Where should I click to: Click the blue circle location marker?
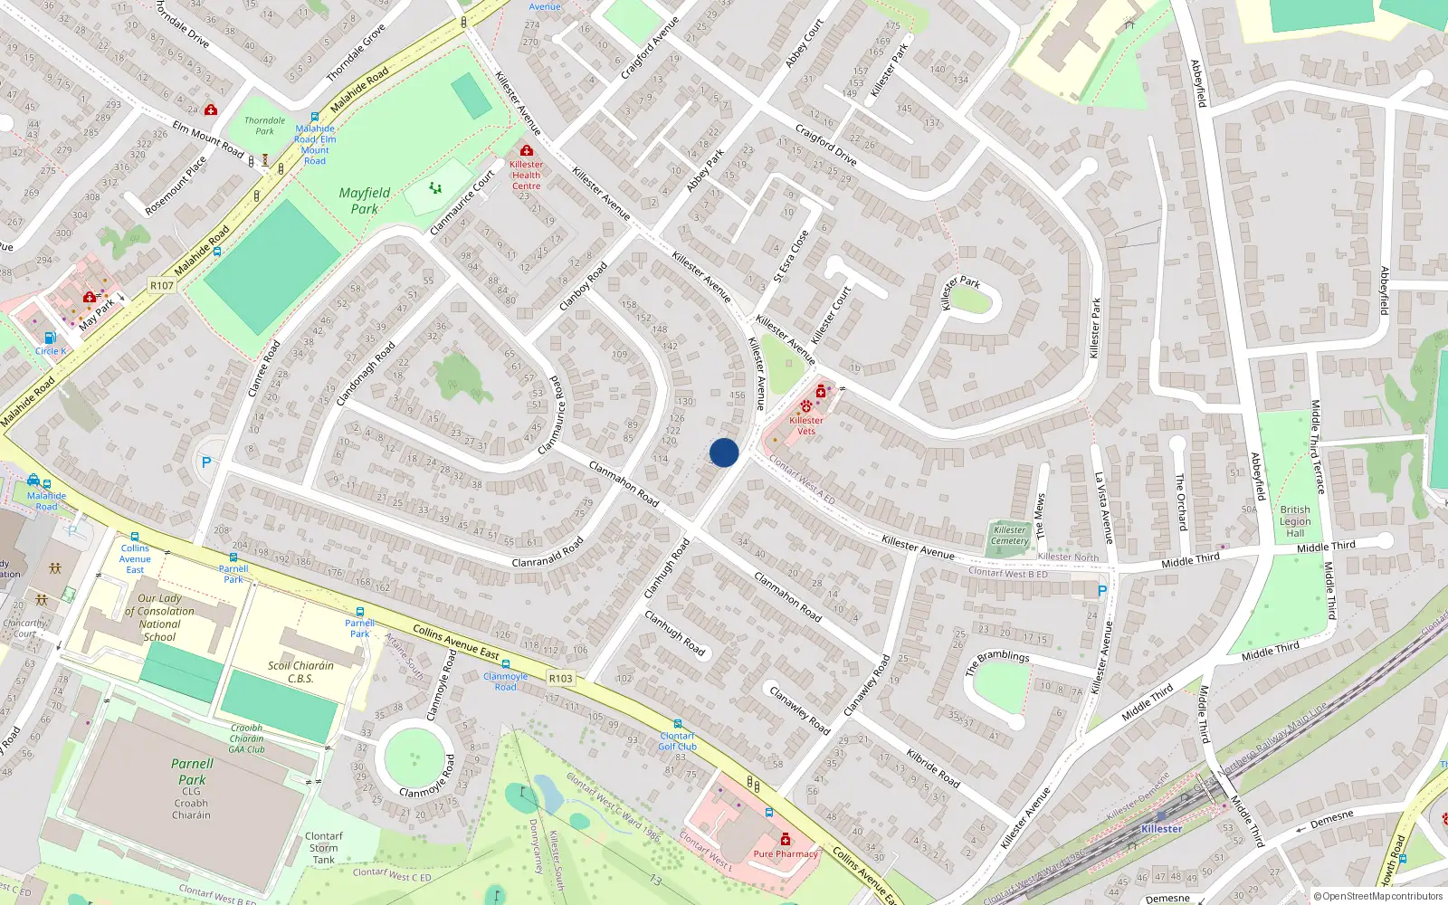[724, 452]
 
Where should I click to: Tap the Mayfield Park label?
[365, 201]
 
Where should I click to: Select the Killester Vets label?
[806, 425]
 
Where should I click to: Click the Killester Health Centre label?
[526, 176]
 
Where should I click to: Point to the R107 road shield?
[162, 285]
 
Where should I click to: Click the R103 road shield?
[560, 678]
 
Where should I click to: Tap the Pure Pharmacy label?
[786, 853]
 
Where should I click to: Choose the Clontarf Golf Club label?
[678, 741]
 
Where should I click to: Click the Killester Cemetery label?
[1009, 536]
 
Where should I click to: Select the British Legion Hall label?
[1295, 521]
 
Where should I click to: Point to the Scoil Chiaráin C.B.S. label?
[300, 672]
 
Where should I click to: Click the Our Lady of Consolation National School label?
[160, 617]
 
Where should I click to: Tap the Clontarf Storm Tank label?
[324, 848]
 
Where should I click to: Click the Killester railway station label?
[1161, 828]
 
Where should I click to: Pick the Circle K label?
[51, 351]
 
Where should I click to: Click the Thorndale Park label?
[264, 126]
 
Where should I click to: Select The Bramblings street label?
[996, 662]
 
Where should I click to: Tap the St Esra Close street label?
[791, 256]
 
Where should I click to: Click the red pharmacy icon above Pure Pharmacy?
[786, 840]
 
